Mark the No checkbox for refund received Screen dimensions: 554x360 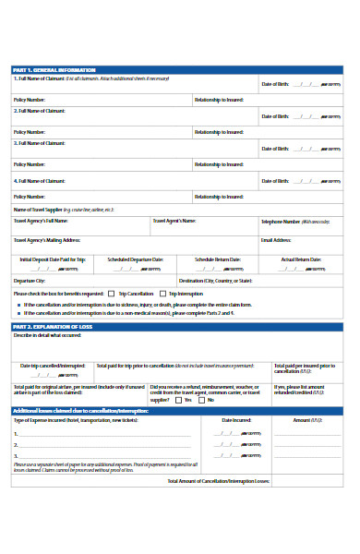(203, 400)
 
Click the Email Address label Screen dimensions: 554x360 (277, 239)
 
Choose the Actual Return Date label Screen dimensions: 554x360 (301, 259)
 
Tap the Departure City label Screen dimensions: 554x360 (30, 280)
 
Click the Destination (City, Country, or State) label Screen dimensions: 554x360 (215, 280)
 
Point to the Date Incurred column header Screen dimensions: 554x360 (235, 419)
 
